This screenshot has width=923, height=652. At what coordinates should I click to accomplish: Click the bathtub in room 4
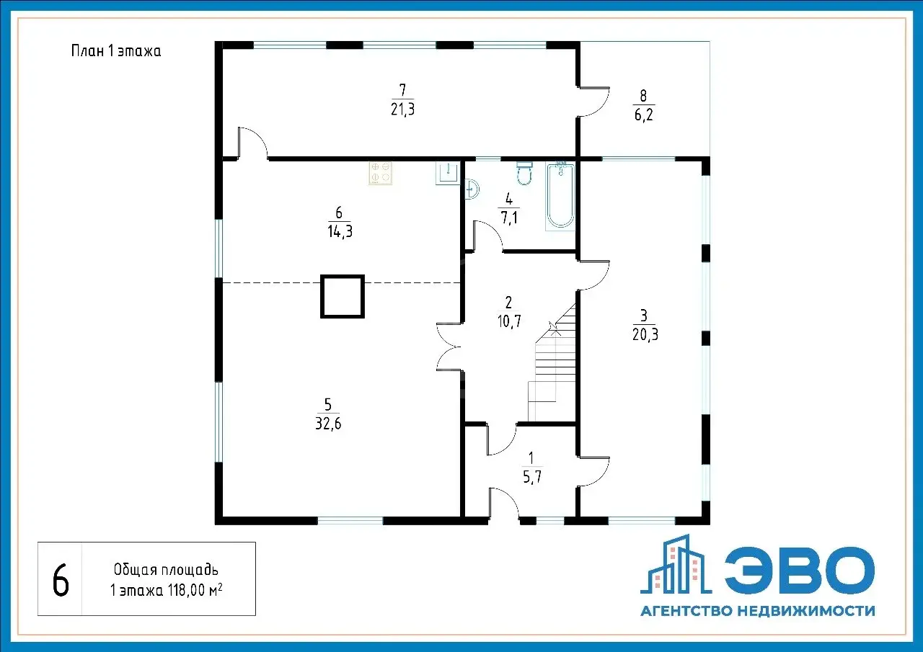560,196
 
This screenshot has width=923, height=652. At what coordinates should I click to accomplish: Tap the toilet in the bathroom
524,174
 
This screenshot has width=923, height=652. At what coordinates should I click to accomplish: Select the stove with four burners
380,173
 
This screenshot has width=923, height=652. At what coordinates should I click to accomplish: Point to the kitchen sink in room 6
448,173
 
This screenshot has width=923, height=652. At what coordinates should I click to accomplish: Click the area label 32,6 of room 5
328,424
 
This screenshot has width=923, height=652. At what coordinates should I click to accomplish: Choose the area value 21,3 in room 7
402,109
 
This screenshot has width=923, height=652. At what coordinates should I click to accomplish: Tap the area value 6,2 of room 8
644,115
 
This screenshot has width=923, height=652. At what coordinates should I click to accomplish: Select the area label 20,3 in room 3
645,334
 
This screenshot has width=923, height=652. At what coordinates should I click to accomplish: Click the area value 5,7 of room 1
532,477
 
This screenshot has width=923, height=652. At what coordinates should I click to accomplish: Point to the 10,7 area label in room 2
509,321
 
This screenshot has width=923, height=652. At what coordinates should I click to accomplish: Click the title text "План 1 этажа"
116,51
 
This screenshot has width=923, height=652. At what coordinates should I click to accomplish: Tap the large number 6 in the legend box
61,581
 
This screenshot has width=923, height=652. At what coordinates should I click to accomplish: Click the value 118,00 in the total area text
186,591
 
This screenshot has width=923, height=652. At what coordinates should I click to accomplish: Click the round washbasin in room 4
472,189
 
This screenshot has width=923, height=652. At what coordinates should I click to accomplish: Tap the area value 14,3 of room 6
340,232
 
